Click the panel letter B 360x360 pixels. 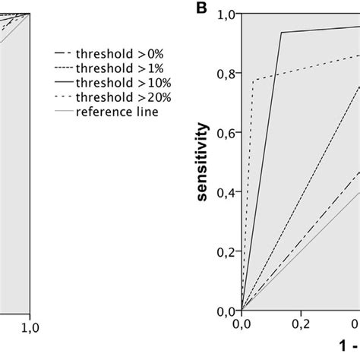(x=201, y=8)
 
